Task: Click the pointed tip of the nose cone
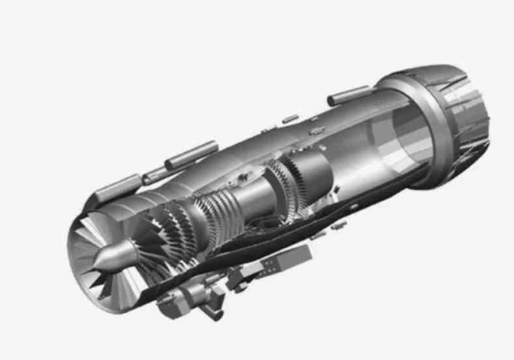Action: (x=94, y=263)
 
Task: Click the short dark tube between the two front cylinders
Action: (x=154, y=174)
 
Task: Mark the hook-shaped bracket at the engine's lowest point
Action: (x=214, y=313)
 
